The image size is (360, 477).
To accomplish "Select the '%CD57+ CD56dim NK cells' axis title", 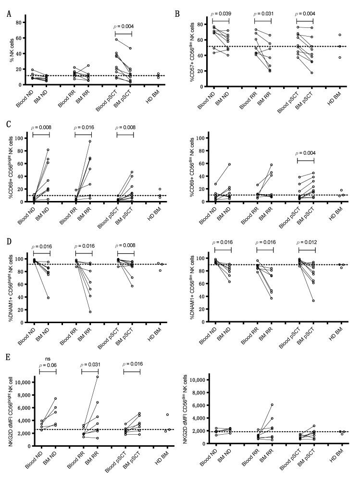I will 191,50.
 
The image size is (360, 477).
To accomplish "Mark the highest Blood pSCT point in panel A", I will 115,39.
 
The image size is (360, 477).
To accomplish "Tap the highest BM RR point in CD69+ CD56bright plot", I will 90,141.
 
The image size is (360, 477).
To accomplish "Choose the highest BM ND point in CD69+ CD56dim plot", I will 229,164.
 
